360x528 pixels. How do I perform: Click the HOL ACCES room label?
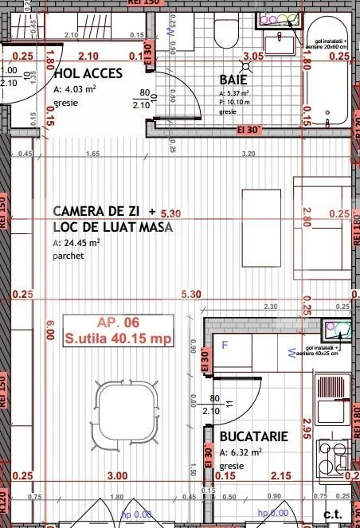88,74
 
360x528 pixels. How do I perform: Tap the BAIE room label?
233,80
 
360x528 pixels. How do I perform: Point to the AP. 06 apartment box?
119,330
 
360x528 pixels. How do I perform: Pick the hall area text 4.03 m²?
79,90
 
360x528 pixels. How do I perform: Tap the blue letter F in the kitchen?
225,345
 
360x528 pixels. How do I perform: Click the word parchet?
68,256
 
